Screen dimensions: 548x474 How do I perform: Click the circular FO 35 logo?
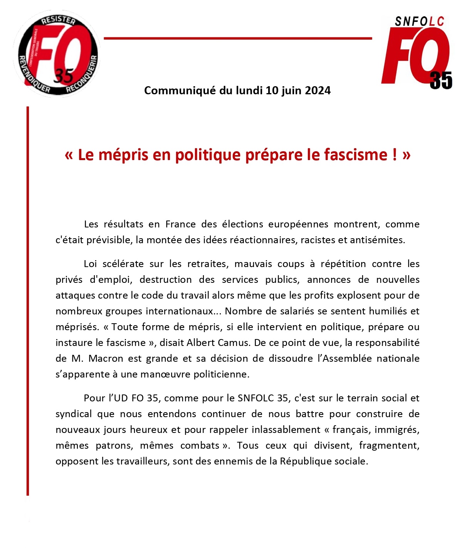57,54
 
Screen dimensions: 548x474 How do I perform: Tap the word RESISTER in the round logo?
59,20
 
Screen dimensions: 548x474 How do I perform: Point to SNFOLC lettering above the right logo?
419,22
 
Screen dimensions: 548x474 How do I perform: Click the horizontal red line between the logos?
238,38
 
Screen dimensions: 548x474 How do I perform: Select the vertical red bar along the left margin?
28,300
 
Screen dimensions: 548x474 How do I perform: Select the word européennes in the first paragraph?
298,224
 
